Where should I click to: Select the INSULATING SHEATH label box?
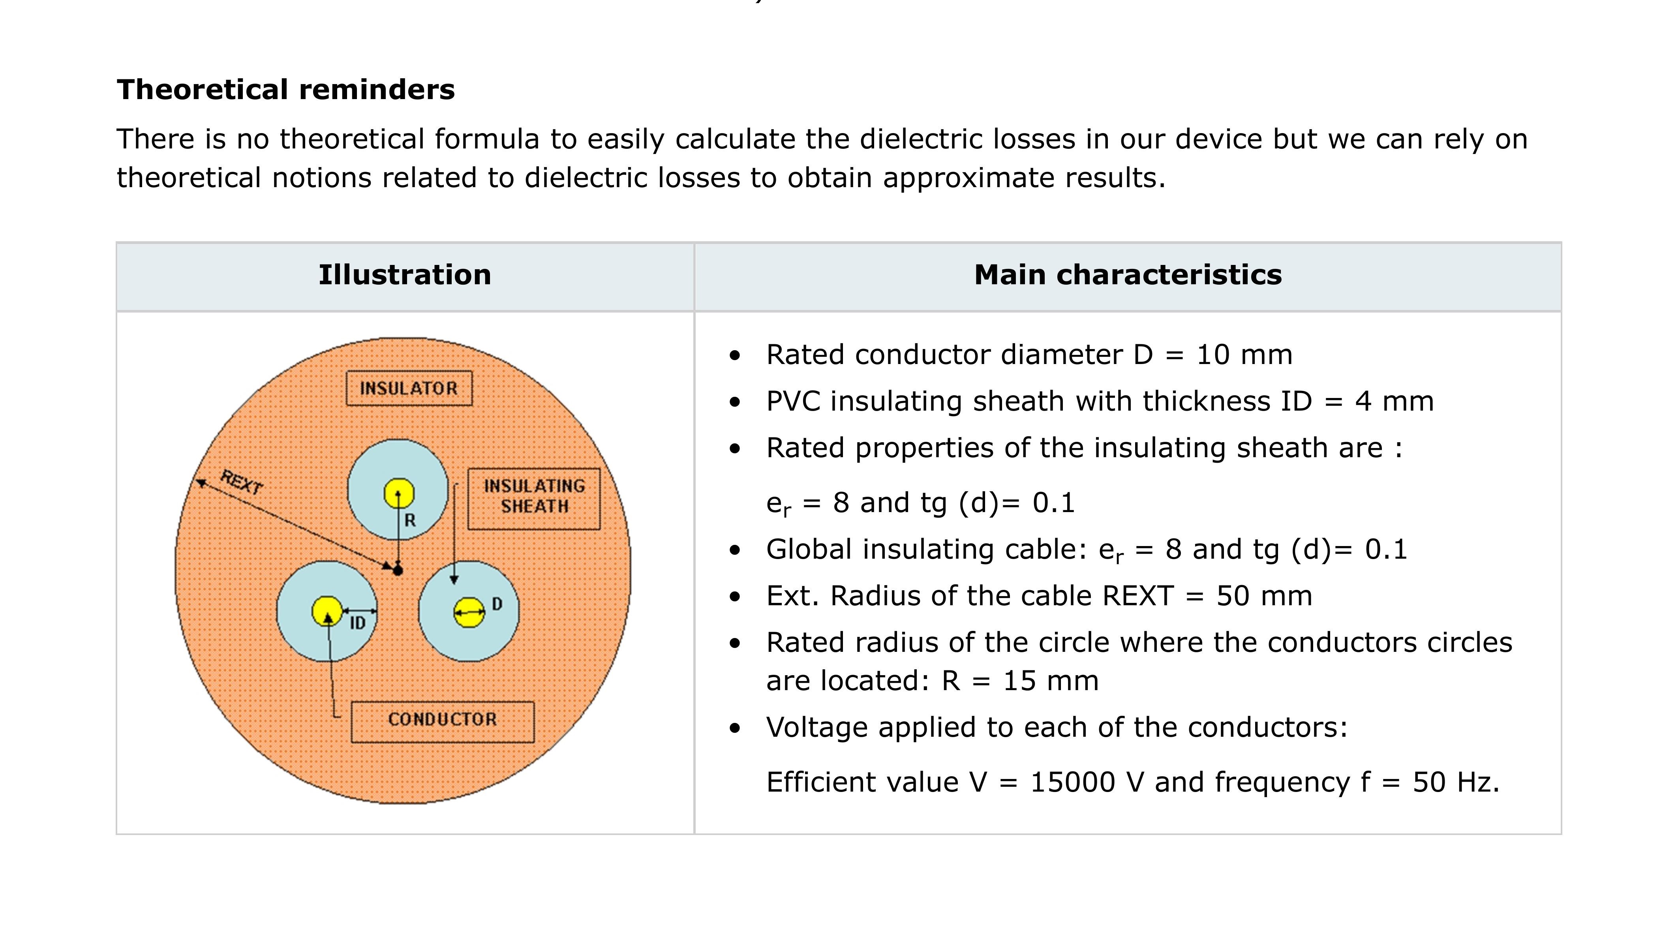click(x=534, y=498)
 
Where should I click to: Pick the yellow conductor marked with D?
click(x=469, y=612)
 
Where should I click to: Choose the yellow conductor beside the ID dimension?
click(x=327, y=611)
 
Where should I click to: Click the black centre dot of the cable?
click(x=398, y=571)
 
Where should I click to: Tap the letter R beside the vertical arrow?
click(x=410, y=520)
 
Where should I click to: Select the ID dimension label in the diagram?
click(x=358, y=623)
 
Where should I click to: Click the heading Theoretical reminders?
click(x=285, y=90)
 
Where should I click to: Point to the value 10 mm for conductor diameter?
click(x=1244, y=355)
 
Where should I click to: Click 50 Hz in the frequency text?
click(x=1455, y=783)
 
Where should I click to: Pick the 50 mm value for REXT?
click(x=1264, y=596)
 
